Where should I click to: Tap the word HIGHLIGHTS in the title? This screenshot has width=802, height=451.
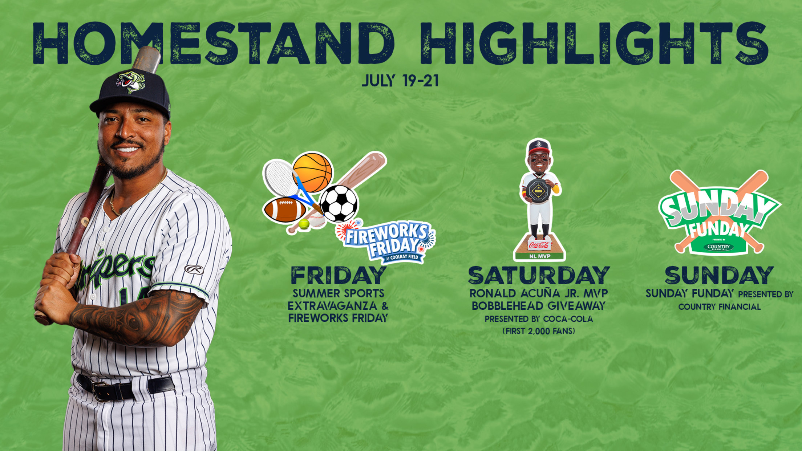[x=594, y=43]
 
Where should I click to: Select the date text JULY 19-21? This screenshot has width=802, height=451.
[x=400, y=81]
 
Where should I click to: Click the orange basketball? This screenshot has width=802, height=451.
[x=312, y=172]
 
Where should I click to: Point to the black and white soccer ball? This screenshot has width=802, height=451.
[x=339, y=203]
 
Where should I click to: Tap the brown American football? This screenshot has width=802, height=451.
[x=285, y=210]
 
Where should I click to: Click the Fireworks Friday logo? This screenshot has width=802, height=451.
[x=386, y=241]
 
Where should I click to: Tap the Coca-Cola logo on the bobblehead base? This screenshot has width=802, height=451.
[x=539, y=245]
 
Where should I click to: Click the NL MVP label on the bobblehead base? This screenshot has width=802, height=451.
[x=539, y=256]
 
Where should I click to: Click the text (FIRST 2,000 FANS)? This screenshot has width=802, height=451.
[x=539, y=331]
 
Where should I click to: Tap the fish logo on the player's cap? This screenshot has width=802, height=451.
[x=131, y=81]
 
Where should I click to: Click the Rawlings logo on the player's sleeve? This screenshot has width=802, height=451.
[x=194, y=269]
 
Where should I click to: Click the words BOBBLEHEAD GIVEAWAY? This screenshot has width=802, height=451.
[x=539, y=306]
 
